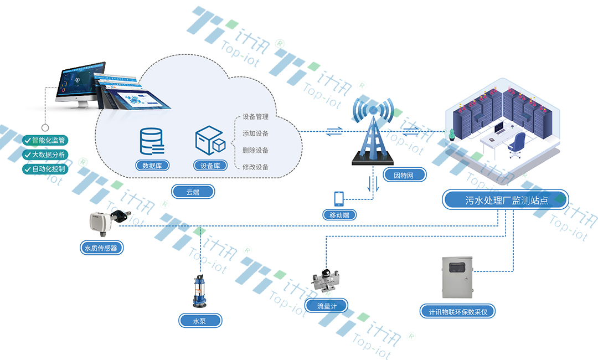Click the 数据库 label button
(152, 165)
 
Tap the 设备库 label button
(210, 165)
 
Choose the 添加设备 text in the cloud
(255, 133)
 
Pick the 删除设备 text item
(255, 150)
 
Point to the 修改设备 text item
(255, 167)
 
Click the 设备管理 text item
(255, 117)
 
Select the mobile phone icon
(339, 198)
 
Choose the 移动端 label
(339, 214)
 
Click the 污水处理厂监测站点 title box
(505, 199)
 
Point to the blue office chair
(517, 145)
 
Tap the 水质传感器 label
(101, 248)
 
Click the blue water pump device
(199, 292)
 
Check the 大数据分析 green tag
(45, 155)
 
